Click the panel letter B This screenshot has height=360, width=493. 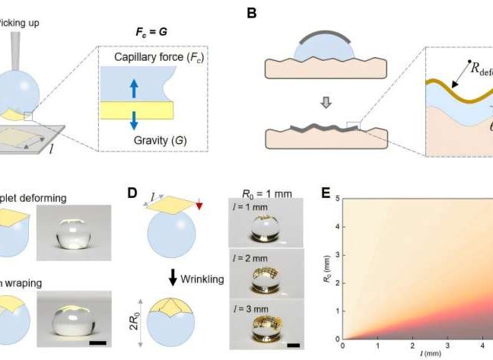252,13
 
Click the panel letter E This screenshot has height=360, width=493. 325,196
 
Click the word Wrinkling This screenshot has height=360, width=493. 202,279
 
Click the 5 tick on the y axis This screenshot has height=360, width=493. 336,200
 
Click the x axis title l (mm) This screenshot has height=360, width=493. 415,354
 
